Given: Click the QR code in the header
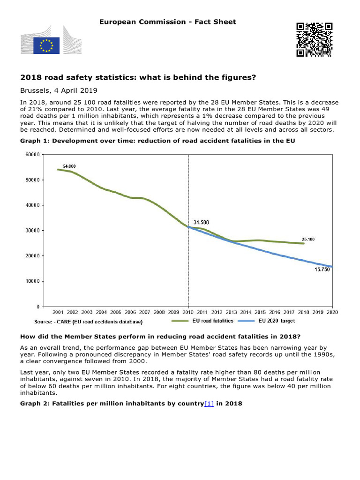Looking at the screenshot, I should [314, 39].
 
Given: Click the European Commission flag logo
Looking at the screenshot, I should [46, 45].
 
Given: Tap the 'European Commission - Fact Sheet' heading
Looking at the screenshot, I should [167, 22].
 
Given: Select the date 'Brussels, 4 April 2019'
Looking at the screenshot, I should [59, 90].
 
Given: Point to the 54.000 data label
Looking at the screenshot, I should [69, 166].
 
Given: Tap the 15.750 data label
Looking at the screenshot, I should [322, 270].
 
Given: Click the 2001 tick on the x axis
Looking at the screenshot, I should [58, 312].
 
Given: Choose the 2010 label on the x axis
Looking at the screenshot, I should [188, 312].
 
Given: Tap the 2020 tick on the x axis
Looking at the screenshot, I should [332, 312].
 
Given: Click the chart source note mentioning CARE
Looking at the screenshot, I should [88, 322].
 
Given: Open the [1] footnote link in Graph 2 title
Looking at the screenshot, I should [209, 403].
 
